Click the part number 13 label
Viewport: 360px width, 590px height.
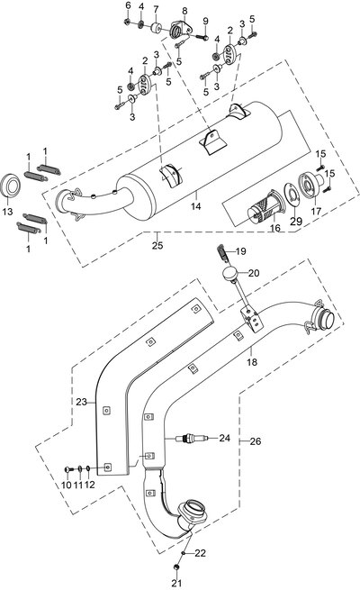coord(7,212)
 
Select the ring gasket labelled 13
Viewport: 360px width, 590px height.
coord(11,186)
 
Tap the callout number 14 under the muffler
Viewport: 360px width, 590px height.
coord(196,205)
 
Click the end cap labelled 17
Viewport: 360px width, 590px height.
coord(310,184)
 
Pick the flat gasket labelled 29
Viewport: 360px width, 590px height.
coord(291,195)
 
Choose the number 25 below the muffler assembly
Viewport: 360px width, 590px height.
coord(157,245)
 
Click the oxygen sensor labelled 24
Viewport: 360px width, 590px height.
coord(191,439)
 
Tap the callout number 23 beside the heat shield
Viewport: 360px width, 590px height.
coord(81,402)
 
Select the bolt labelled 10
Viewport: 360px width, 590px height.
coord(69,468)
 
